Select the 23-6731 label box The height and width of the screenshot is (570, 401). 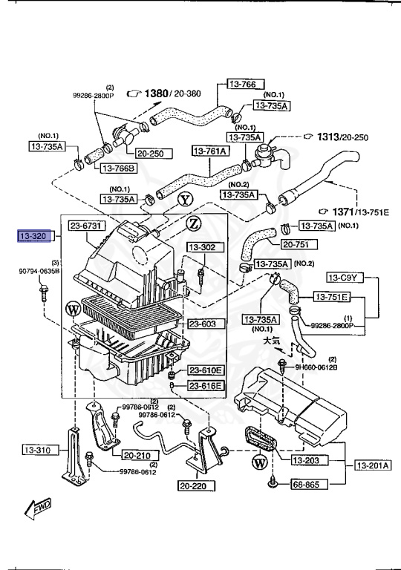pyautogui.click(x=89, y=226)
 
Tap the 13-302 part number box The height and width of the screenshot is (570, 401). pyautogui.click(x=201, y=247)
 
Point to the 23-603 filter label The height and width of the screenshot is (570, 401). pyautogui.click(x=203, y=324)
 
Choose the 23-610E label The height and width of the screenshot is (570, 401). pyautogui.click(x=204, y=370)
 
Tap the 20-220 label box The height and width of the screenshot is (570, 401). pyautogui.click(x=195, y=487)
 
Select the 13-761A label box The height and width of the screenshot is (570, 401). pyautogui.click(x=211, y=151)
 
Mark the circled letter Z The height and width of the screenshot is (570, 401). pyautogui.click(x=193, y=223)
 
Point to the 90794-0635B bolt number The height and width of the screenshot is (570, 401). pyautogui.click(x=39, y=271)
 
